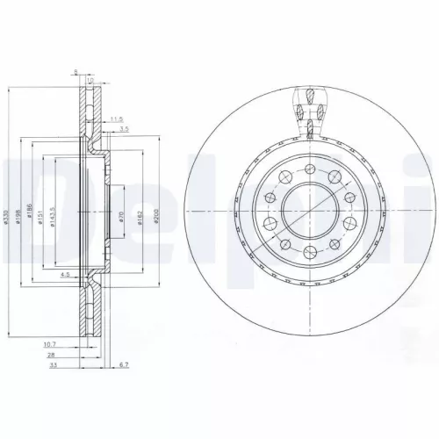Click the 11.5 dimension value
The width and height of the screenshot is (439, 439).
point(117,114)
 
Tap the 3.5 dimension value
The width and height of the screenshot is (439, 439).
point(125,129)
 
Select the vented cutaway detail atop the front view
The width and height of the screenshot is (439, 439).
point(309,112)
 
